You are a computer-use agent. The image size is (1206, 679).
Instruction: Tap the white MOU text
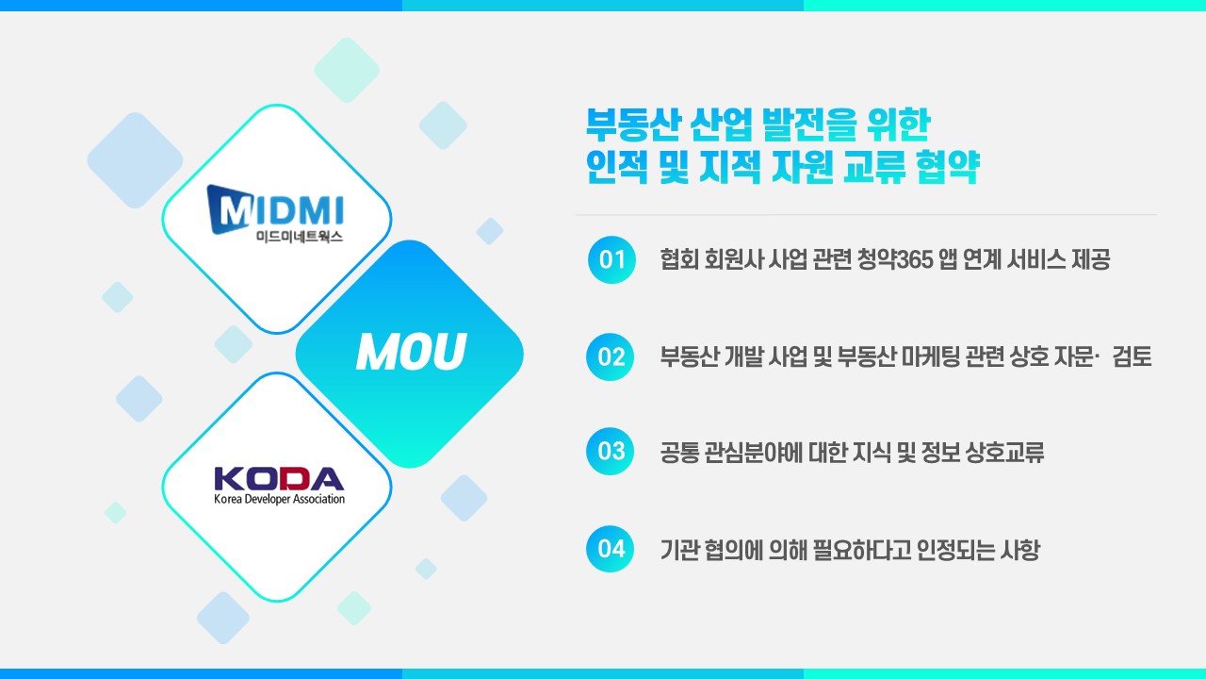click(411, 352)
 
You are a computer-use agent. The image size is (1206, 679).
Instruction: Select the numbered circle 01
click(611, 259)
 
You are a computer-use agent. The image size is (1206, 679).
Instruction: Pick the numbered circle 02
click(610, 356)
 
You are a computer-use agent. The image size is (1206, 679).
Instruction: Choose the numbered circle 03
click(610, 452)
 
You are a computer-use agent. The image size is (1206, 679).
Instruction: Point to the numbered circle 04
click(610, 549)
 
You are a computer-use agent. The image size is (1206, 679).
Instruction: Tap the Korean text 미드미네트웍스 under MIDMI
click(300, 237)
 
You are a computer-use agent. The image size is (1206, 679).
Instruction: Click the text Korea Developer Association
click(280, 499)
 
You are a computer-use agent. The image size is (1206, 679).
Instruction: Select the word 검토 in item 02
click(1132, 356)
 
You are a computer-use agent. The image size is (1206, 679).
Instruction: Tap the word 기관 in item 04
click(679, 550)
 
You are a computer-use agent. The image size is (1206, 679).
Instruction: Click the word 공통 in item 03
click(679, 452)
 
